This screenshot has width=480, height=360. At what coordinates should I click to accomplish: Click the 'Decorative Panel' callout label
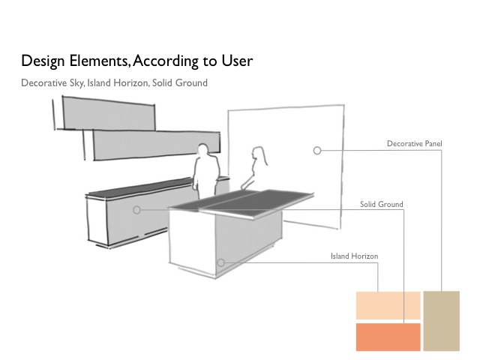point(414,143)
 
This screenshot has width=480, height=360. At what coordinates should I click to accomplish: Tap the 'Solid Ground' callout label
point(382,204)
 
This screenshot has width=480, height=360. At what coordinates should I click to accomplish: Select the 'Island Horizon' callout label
point(354,256)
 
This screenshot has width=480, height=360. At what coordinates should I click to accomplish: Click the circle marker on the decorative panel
point(317,150)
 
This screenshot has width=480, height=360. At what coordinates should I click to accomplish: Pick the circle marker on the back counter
point(136,210)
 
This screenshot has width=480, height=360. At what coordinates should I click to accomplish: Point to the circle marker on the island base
point(221,262)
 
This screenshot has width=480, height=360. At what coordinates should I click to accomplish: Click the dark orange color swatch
point(388,337)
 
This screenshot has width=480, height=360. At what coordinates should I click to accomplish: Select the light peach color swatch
point(388,305)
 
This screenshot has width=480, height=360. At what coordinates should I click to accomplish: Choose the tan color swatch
point(442,321)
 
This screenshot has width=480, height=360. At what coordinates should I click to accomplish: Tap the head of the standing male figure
point(202,151)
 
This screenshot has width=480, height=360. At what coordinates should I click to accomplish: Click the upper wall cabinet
point(108,113)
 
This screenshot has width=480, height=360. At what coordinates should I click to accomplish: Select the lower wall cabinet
point(156,145)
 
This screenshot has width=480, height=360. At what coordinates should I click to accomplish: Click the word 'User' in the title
point(237,61)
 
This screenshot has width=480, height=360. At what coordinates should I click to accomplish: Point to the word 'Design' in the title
point(43,61)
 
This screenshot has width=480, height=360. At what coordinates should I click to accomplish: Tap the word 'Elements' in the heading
point(99,61)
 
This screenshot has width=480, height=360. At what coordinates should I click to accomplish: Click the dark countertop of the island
point(241,200)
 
